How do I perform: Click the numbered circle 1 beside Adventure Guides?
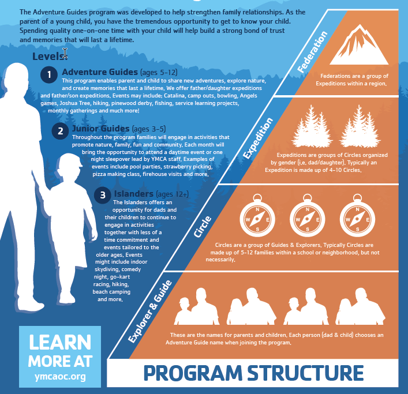[x=50, y=74]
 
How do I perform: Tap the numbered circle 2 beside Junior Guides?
[x=60, y=131]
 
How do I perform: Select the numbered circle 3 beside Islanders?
[x=102, y=196]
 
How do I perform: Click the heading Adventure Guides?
[x=100, y=72]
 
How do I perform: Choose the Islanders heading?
[x=133, y=194]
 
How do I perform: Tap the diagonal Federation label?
[x=313, y=53]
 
